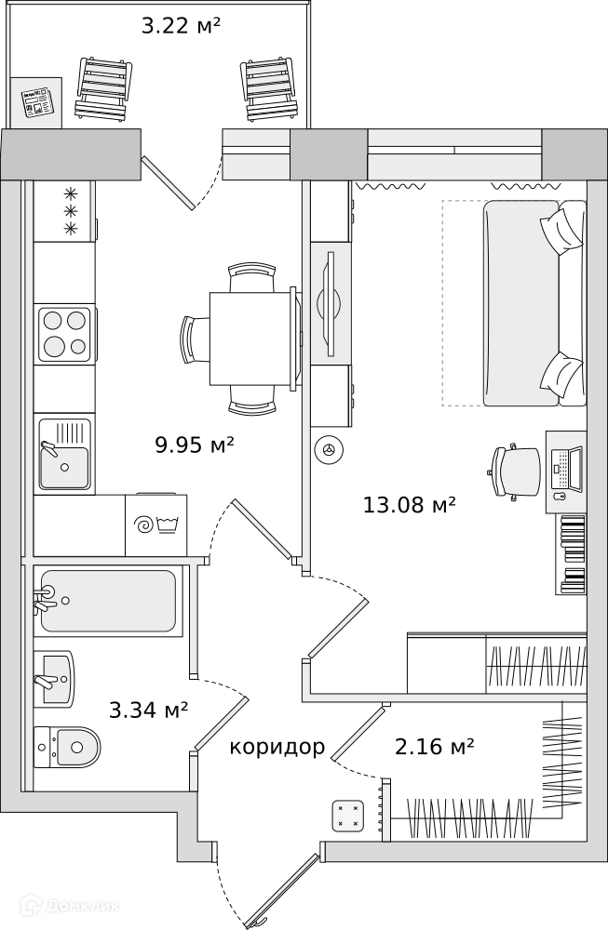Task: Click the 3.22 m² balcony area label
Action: tap(181, 25)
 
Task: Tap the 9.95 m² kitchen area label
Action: tap(195, 445)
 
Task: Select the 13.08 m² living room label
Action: tap(409, 505)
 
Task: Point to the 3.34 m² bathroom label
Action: tap(148, 710)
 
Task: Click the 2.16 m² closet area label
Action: tap(434, 746)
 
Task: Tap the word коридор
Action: tap(277, 747)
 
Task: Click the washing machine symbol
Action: tap(156, 525)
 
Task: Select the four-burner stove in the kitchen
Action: tap(65, 335)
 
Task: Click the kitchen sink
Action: tap(65, 455)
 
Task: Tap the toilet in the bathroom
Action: tap(67, 746)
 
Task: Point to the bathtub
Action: tap(108, 602)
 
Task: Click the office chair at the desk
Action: tap(515, 471)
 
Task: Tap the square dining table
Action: tap(252, 339)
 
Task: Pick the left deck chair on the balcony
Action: tap(101, 89)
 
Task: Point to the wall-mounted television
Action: tap(329, 304)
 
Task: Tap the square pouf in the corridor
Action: tap(348, 816)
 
